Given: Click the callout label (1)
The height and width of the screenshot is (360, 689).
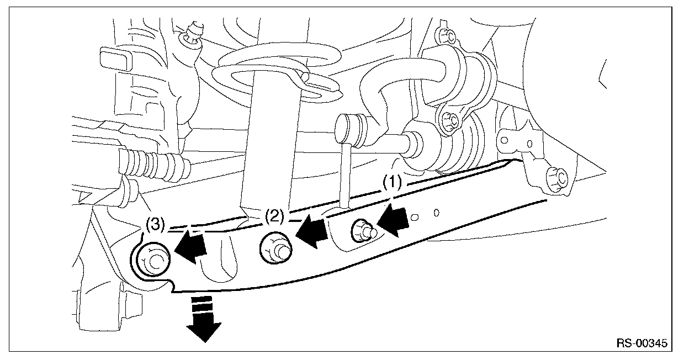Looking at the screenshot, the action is tap(392, 182).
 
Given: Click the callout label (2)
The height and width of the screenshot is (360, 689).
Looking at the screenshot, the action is tap(275, 216).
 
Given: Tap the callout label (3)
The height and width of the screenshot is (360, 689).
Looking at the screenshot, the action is tap(155, 224).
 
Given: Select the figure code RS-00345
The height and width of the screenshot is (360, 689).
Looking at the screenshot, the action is tap(642, 343).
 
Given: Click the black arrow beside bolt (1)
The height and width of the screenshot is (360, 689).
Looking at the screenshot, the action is tap(393, 222).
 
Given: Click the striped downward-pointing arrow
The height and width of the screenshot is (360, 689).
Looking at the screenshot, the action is tap(204, 319).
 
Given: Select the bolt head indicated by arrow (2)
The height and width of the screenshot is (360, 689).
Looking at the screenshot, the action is tap(275, 248).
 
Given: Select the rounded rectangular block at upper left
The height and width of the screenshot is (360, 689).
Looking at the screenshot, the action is tap(115, 59).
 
